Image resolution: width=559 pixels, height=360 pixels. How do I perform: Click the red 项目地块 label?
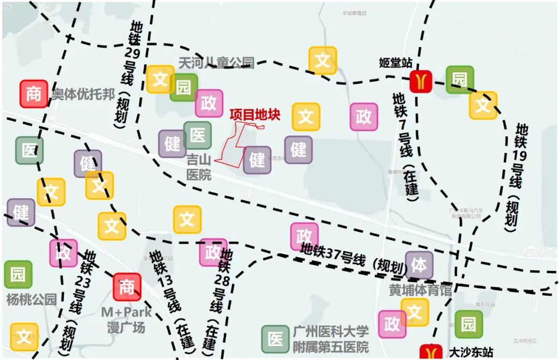255,115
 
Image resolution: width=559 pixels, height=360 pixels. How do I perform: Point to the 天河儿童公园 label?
216,63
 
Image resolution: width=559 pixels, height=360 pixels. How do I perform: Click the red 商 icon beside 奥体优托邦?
34,94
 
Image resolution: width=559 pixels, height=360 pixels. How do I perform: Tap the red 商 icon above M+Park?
127,287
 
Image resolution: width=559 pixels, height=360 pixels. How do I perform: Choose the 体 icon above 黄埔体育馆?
419,265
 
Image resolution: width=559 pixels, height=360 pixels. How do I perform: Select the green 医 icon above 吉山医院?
198,136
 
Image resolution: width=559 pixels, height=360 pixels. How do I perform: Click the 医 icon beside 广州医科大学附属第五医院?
275,339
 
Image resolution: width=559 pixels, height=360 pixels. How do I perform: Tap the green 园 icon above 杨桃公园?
18,274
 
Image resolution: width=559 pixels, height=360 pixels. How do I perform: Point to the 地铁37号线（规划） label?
352,259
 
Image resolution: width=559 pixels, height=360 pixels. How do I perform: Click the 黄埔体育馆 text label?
420,290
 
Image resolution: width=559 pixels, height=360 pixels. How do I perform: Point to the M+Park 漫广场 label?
126,320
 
